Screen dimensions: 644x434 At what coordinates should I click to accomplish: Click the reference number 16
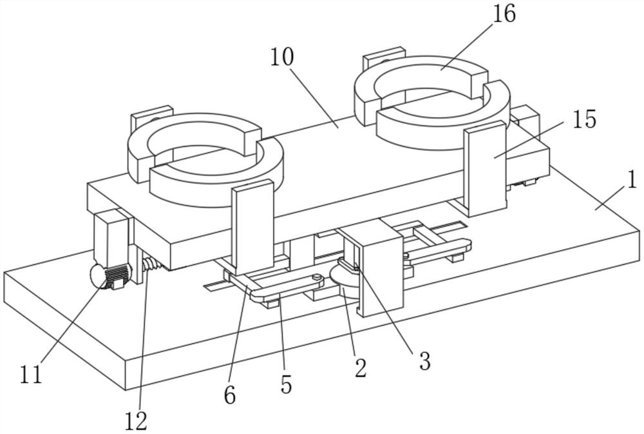[x=504, y=15]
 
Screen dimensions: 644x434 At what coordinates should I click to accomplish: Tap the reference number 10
[x=282, y=57]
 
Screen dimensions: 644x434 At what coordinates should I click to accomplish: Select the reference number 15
[x=584, y=119]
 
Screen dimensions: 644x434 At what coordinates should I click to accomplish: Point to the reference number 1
[x=632, y=180]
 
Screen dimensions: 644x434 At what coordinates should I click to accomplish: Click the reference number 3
[x=424, y=360]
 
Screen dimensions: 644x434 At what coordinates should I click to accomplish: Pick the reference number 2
[x=361, y=368]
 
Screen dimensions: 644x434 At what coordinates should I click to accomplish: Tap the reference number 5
[x=287, y=385]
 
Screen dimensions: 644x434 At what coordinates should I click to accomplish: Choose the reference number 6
[x=230, y=395]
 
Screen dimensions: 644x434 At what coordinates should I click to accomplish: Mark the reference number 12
[x=136, y=421]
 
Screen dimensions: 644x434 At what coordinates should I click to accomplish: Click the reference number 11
[x=31, y=375]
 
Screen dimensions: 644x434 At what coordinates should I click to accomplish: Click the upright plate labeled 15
[x=485, y=169]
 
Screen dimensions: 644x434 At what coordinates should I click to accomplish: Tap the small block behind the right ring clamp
[x=384, y=57]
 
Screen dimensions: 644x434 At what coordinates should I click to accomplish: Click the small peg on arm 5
[x=316, y=279]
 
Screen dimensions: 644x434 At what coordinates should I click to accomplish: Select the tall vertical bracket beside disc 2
[x=380, y=268]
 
